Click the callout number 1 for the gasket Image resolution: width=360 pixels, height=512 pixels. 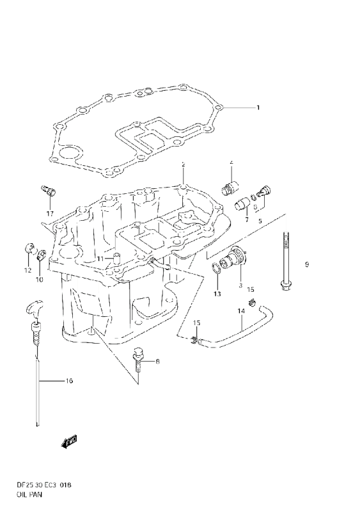258,108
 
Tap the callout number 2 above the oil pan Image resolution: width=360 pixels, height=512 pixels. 184,164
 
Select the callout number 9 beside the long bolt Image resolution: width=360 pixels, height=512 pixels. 307,264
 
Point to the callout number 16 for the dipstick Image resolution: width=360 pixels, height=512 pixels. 69,381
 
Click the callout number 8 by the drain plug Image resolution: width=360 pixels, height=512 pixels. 158,362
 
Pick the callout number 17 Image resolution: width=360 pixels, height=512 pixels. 50,214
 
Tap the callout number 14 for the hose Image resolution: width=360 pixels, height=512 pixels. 241,311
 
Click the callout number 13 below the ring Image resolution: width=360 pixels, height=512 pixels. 217,294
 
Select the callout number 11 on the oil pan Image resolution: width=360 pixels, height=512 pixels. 100,259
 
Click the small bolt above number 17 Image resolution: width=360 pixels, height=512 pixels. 49,190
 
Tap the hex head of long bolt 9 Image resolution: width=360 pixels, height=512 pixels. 286,285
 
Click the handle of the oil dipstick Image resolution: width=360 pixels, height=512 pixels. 33,308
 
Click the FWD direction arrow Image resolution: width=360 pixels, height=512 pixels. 68,442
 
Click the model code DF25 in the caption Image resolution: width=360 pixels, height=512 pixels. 23,485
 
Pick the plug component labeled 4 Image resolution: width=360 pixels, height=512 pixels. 230,188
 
